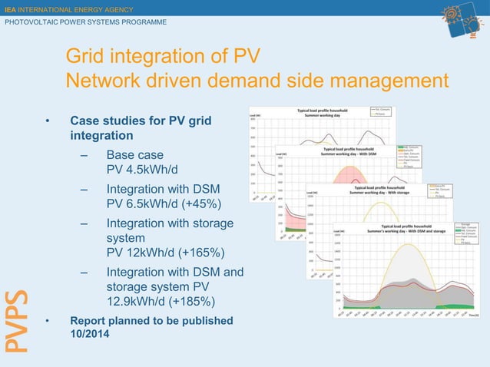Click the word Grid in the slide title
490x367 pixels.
click(x=85, y=58)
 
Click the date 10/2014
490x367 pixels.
click(x=90, y=335)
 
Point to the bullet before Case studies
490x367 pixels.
click(x=47, y=121)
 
